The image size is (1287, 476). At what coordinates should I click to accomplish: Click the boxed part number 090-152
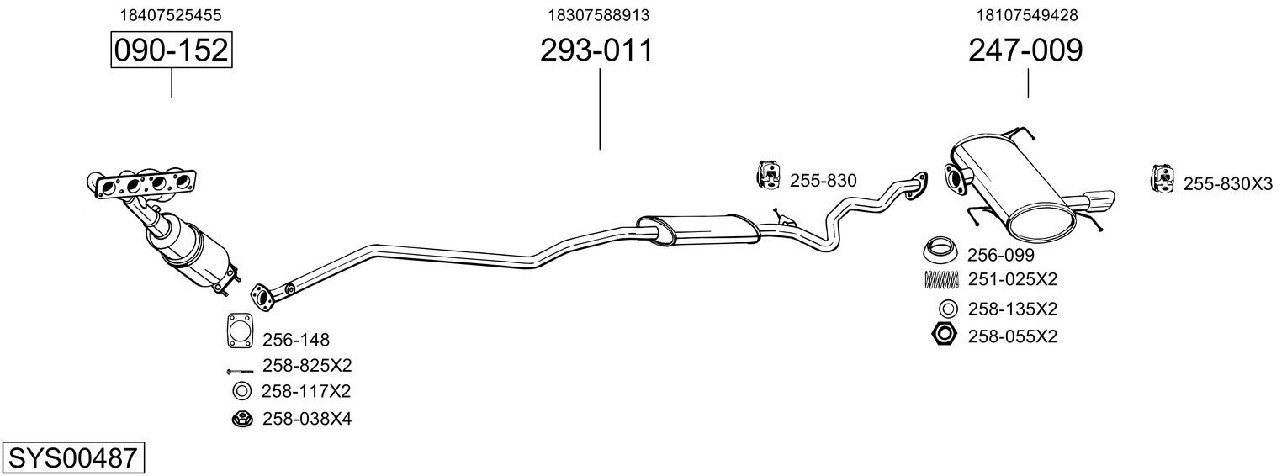[x=172, y=50]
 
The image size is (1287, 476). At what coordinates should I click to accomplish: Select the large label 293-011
[x=596, y=50]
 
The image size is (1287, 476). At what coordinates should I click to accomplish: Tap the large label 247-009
[x=1025, y=50]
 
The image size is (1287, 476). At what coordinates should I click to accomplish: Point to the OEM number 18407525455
[x=171, y=15]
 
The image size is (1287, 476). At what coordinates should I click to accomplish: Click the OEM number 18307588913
[x=599, y=15]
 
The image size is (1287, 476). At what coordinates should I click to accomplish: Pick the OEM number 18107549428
[x=1027, y=15]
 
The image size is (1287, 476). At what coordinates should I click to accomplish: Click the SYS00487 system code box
[x=73, y=458]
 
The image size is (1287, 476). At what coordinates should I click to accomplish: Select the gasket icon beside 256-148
[x=241, y=331]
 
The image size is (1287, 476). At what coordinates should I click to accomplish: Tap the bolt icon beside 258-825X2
[x=241, y=372]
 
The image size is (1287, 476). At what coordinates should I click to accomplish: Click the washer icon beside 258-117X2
[x=242, y=392]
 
